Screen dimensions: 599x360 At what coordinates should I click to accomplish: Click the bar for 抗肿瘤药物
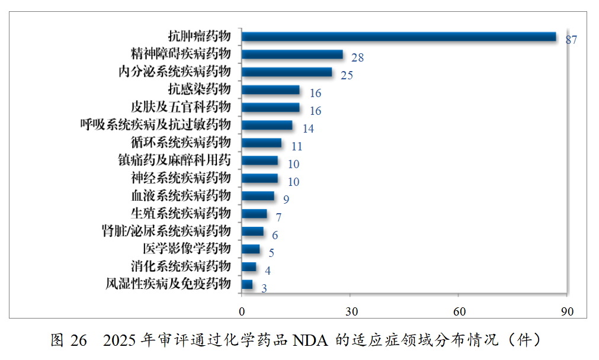click(x=399, y=37)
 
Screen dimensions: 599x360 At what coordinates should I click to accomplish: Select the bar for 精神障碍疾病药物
click(x=292, y=54)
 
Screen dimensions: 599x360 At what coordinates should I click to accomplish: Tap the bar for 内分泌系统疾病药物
click(x=287, y=72)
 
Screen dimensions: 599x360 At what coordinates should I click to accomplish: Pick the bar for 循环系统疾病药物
click(x=262, y=143)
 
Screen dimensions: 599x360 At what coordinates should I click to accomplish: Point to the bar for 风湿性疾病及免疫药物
click(x=247, y=284)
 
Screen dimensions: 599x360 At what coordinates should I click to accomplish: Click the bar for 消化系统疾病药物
click(x=249, y=267)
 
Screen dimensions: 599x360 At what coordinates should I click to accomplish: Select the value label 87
click(x=571, y=40)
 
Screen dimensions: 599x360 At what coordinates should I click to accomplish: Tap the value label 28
click(x=358, y=57)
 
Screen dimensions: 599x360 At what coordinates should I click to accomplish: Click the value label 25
click(x=347, y=75)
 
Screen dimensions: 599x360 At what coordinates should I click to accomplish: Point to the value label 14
click(x=308, y=128)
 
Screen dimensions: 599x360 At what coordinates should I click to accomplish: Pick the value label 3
click(x=264, y=288)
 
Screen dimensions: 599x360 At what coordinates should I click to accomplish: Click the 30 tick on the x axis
click(x=351, y=311)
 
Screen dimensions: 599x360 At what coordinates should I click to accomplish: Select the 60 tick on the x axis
click(x=460, y=311)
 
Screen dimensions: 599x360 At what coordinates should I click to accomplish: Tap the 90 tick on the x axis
click(x=567, y=311)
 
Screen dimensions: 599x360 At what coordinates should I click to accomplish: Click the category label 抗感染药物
click(x=200, y=89)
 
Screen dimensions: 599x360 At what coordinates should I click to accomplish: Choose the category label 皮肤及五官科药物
click(x=181, y=107)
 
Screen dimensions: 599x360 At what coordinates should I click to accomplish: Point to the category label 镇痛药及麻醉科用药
click(x=175, y=160)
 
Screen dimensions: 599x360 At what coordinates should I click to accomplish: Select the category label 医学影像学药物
click(x=187, y=249)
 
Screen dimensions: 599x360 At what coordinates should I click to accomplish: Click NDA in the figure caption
click(x=310, y=340)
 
